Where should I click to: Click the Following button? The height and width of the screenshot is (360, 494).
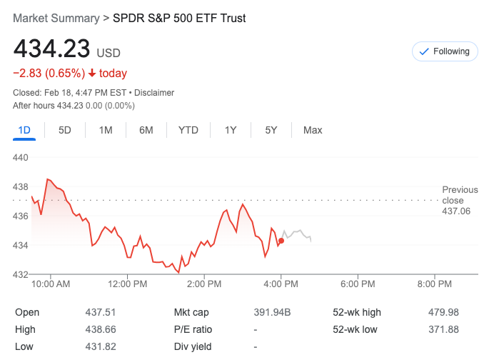pyautogui.click(x=445, y=51)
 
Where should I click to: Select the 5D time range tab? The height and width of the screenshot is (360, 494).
pyautogui.click(x=65, y=130)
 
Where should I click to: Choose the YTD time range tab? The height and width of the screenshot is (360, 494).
pyautogui.click(x=188, y=130)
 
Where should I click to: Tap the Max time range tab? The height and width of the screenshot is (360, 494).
pyautogui.click(x=313, y=130)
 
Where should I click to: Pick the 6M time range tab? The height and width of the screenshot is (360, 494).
pyautogui.click(x=146, y=130)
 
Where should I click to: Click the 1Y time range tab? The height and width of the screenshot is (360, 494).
pyautogui.click(x=231, y=130)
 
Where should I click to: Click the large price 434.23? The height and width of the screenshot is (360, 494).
pyautogui.click(x=51, y=49)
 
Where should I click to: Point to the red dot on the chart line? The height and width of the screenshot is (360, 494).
pyautogui.click(x=281, y=241)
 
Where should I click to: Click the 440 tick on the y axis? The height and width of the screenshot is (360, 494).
pyautogui.click(x=21, y=157)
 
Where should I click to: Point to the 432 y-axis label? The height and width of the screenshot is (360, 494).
pyautogui.click(x=21, y=274)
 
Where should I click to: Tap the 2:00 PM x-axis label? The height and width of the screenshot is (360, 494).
pyautogui.click(x=204, y=284)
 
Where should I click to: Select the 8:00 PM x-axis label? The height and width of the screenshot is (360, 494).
pyautogui.click(x=435, y=284)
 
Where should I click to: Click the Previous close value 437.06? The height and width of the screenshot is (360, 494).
pyautogui.click(x=456, y=211)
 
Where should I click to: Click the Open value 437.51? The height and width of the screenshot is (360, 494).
pyautogui.click(x=101, y=312)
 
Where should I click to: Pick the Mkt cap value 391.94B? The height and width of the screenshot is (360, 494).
pyautogui.click(x=272, y=312)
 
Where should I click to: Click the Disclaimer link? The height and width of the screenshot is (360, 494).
pyautogui.click(x=154, y=93)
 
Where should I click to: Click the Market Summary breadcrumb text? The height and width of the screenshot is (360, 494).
pyautogui.click(x=56, y=18)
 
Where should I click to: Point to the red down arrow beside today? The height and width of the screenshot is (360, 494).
pyautogui.click(x=92, y=73)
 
